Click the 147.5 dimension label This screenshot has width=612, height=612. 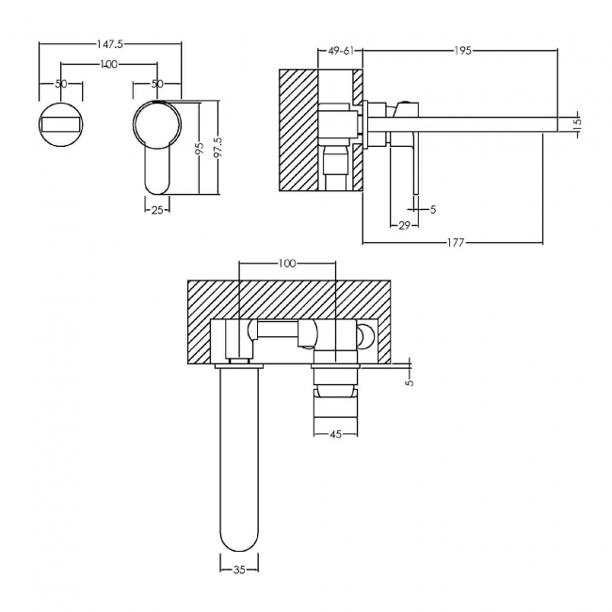click(110, 44)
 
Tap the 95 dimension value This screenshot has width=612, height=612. click(199, 148)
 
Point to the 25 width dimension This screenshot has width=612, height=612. click(157, 210)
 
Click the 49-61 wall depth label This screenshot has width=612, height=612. click(341, 51)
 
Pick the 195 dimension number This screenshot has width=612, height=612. click(463, 51)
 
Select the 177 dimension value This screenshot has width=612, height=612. click(456, 243)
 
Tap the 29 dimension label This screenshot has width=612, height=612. click(404, 225)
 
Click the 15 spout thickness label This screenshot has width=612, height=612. click(578, 121)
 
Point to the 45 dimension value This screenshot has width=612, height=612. click(336, 434)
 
